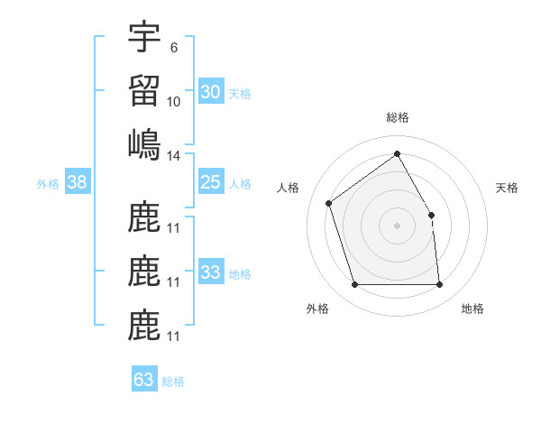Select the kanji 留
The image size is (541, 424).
(144, 90)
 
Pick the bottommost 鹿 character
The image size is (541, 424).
(144, 326)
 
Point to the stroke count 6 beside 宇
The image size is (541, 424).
(173, 48)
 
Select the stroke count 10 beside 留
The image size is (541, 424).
(174, 102)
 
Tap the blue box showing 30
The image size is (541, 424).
(210, 91)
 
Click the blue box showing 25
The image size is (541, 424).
(210, 182)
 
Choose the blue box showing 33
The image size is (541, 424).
(210, 272)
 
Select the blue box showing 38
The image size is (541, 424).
(78, 182)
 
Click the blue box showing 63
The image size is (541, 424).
(144, 379)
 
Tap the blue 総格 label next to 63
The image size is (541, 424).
(173, 382)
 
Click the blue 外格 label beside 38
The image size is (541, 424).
(48, 184)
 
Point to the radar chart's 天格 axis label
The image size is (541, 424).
(507, 188)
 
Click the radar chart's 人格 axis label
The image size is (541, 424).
(289, 188)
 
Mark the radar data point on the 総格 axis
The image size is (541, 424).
(397, 154)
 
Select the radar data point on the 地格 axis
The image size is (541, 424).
(440, 285)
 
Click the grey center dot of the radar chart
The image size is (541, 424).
(397, 225)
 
